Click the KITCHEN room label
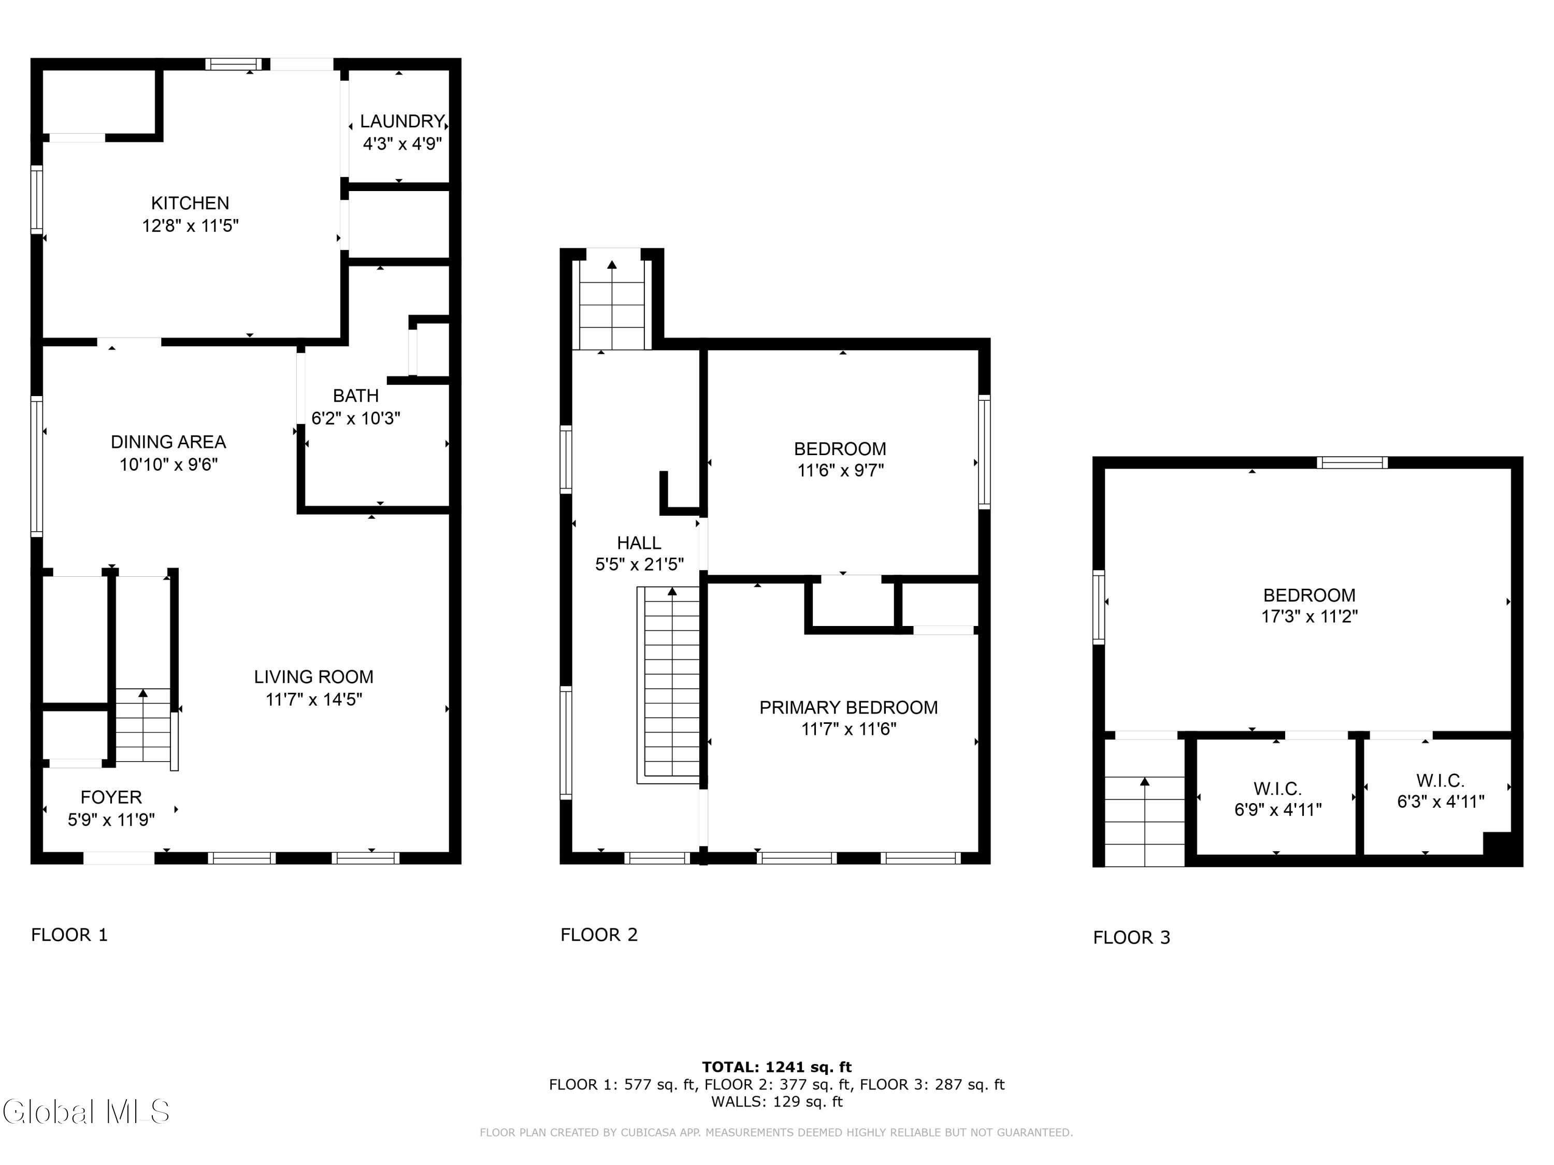pos(191,203)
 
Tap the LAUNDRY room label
pos(402,122)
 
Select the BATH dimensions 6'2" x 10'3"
pos(356,418)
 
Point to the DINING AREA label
pos(168,442)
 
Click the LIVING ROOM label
pos(314,677)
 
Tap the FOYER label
pos(111,797)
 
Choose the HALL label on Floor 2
pos(639,543)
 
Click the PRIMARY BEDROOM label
pos(848,708)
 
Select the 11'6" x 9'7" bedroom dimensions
pos(840,471)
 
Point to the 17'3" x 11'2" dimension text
pos(1310,617)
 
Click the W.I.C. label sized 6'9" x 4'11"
pos(1278,789)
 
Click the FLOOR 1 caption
pos(69,935)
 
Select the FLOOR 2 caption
pos(599,935)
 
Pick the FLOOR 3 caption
pos(1132,938)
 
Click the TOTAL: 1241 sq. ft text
pos(777,1067)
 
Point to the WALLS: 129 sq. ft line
pos(777,1102)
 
